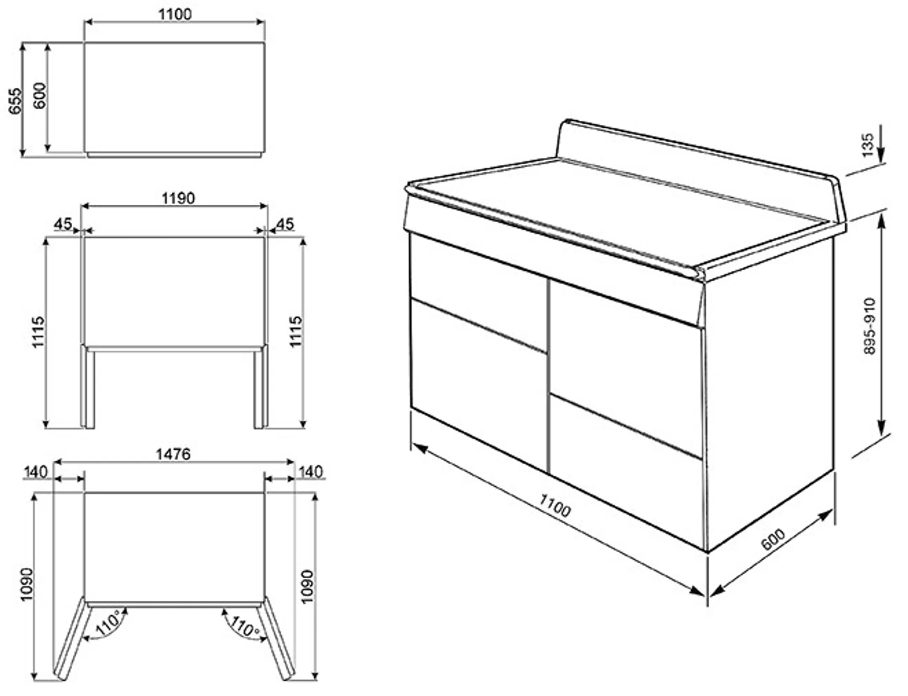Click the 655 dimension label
click(15, 101)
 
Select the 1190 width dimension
click(178, 198)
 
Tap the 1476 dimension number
click(173, 454)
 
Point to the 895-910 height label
click(870, 326)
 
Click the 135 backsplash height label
click(868, 145)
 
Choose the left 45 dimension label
click(63, 224)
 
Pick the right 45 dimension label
click(285, 224)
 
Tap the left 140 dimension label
click(36, 472)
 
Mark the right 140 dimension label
click(311, 472)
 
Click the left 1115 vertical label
click(38, 332)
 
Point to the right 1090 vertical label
click(307, 586)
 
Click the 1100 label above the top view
click(175, 14)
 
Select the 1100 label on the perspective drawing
click(555, 506)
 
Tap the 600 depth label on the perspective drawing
click(773, 539)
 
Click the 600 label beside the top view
click(40, 96)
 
